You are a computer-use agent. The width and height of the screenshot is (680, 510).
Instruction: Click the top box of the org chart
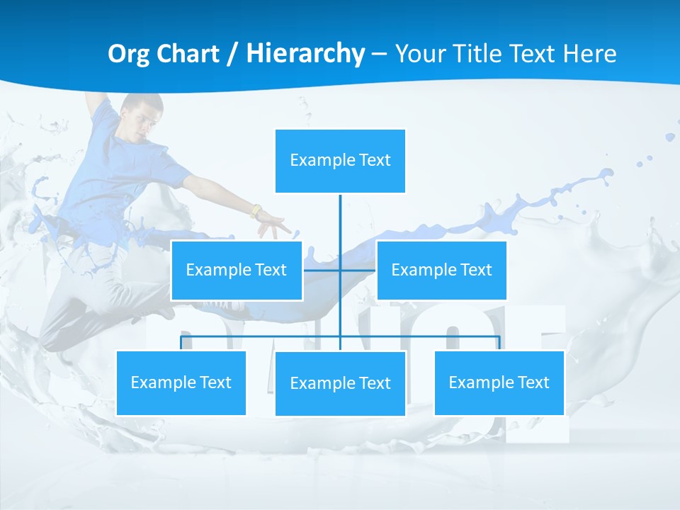point(340,161)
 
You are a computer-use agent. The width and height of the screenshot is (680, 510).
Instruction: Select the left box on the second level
point(237,270)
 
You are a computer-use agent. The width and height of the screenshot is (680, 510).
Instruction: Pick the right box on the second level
point(441,270)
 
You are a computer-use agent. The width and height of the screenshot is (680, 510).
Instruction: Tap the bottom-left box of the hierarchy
point(181,382)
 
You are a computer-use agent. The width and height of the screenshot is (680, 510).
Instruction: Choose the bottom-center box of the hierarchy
point(340,383)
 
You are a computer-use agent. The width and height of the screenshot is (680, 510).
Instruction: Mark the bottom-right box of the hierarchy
point(499,382)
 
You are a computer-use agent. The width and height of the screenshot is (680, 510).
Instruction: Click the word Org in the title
point(128,54)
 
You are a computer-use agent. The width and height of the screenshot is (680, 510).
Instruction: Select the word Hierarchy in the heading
point(305,54)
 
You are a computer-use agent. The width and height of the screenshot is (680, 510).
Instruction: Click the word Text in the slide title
point(531,54)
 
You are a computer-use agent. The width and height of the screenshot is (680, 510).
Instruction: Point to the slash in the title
point(232,54)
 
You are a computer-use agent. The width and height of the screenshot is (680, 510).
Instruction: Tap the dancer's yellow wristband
point(256,211)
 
